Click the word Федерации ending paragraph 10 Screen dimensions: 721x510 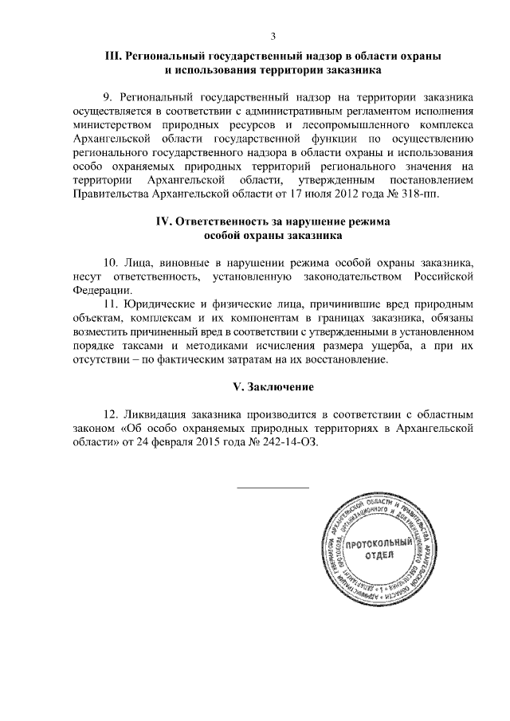tap(97, 290)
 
